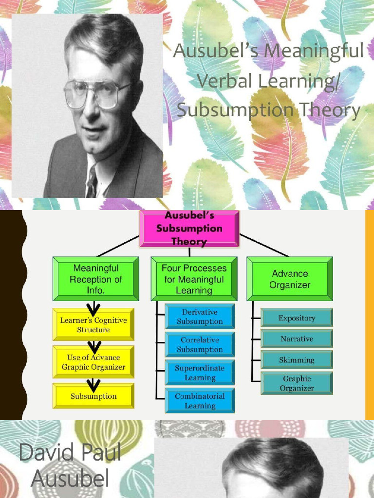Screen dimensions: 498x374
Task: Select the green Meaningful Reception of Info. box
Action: pos(96,279)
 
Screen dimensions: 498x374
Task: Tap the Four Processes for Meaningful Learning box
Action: pos(194,279)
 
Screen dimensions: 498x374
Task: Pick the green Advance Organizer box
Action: pos(290,279)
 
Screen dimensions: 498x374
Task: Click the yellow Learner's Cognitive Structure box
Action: pos(93,324)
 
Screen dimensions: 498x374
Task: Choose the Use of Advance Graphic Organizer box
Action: pos(93,362)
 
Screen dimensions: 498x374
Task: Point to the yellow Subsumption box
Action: pos(93,396)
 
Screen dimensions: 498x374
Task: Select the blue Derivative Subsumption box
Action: pos(200,317)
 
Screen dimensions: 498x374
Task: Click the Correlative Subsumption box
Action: pos(200,344)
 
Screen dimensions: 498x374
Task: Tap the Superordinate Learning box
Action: pos(200,373)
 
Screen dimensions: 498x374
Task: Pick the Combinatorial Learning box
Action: pos(200,401)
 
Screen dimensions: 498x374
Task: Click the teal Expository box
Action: pos(297,318)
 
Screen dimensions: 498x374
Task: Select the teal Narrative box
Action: pos(297,339)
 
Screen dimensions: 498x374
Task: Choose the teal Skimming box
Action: pos(297,360)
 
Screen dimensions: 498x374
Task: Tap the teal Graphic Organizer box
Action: pos(297,383)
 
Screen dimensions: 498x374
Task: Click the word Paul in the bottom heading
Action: pos(97,453)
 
